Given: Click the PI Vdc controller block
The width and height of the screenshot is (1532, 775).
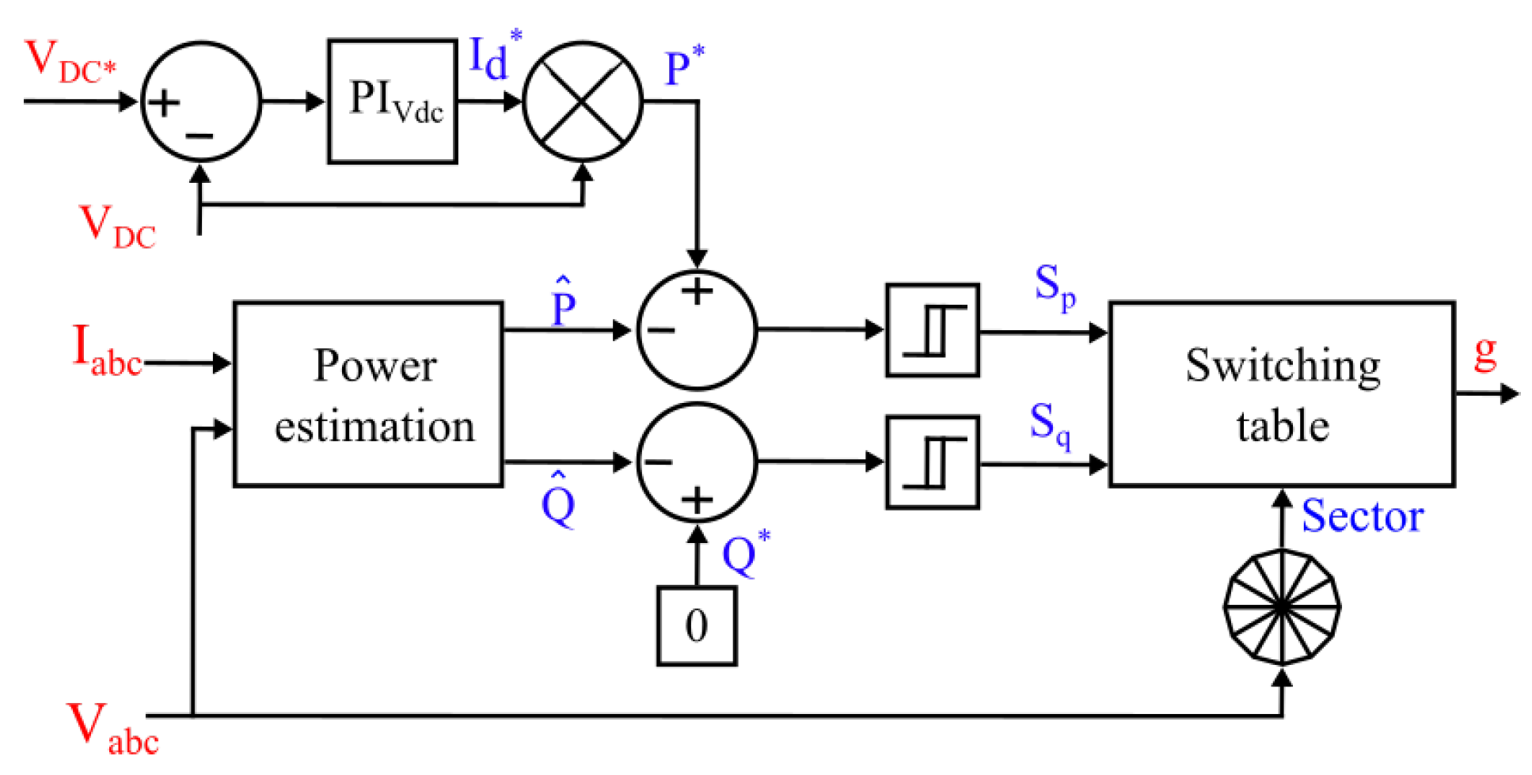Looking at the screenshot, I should [393, 101].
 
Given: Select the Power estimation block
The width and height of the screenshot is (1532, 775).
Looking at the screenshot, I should [368, 393].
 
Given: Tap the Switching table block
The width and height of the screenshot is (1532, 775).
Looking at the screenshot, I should [1282, 393].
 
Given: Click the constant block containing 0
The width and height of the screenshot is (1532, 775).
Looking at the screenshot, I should [697, 625].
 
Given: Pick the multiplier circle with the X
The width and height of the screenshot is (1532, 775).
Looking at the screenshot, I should [583, 101].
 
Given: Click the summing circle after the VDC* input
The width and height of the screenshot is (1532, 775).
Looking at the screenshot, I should [200, 101].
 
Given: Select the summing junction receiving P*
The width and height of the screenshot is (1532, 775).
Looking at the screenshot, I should [697, 329].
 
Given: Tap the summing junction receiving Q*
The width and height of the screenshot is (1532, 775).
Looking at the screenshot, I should [697, 462].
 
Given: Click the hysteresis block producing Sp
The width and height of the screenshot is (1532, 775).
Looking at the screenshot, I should [933, 329].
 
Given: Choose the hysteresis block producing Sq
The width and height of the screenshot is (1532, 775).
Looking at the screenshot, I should [933, 462].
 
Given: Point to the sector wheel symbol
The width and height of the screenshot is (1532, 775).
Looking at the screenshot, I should [1282, 606].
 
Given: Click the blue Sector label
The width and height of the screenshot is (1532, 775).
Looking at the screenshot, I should [1362, 516].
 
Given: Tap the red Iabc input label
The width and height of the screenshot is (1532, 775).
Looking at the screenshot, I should [106, 350].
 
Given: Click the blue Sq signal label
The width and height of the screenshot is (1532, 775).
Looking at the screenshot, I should [1050, 424].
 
